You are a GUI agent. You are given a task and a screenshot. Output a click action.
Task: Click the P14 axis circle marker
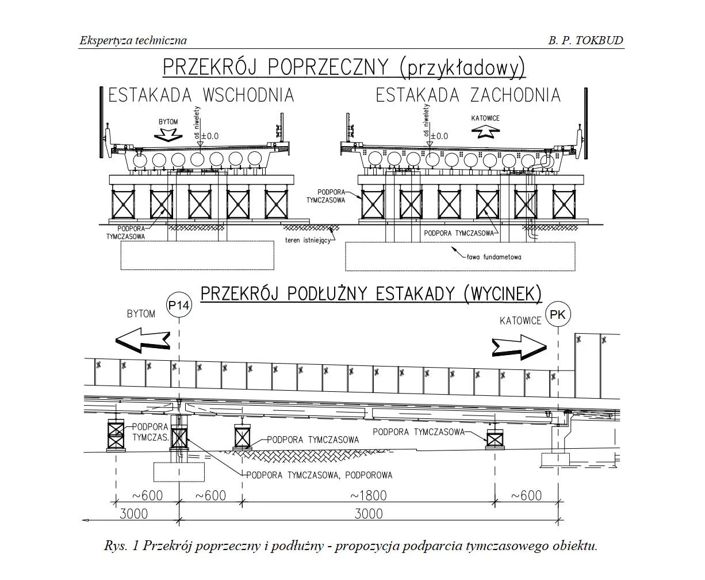(x=179, y=306)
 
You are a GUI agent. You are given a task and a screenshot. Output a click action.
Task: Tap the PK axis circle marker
(x=558, y=314)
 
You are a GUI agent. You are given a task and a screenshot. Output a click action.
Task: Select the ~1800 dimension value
(x=368, y=495)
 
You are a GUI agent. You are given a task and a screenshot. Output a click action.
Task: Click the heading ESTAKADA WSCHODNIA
(x=201, y=95)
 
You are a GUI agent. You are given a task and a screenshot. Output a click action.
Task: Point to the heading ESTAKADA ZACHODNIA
(x=468, y=95)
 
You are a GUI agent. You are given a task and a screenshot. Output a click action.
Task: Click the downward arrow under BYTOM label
(x=169, y=135)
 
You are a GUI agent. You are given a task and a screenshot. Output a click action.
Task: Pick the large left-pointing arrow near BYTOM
(x=143, y=339)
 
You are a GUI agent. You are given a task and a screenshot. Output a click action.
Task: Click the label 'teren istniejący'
(x=308, y=240)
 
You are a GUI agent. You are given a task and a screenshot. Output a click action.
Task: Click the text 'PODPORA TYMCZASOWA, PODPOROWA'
(x=319, y=475)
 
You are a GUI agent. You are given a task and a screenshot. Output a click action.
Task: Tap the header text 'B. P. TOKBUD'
(x=585, y=40)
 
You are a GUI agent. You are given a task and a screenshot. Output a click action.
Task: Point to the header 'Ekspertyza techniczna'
(x=133, y=40)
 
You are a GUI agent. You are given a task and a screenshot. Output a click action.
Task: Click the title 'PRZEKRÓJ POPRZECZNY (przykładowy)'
(x=344, y=67)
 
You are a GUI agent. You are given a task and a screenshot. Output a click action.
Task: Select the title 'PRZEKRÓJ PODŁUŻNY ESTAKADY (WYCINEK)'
(x=371, y=294)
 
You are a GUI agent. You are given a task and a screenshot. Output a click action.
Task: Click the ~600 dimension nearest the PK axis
(x=526, y=495)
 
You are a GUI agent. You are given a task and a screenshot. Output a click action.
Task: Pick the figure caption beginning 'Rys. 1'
(x=351, y=545)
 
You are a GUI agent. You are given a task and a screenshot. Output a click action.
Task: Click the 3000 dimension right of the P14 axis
(x=368, y=513)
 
